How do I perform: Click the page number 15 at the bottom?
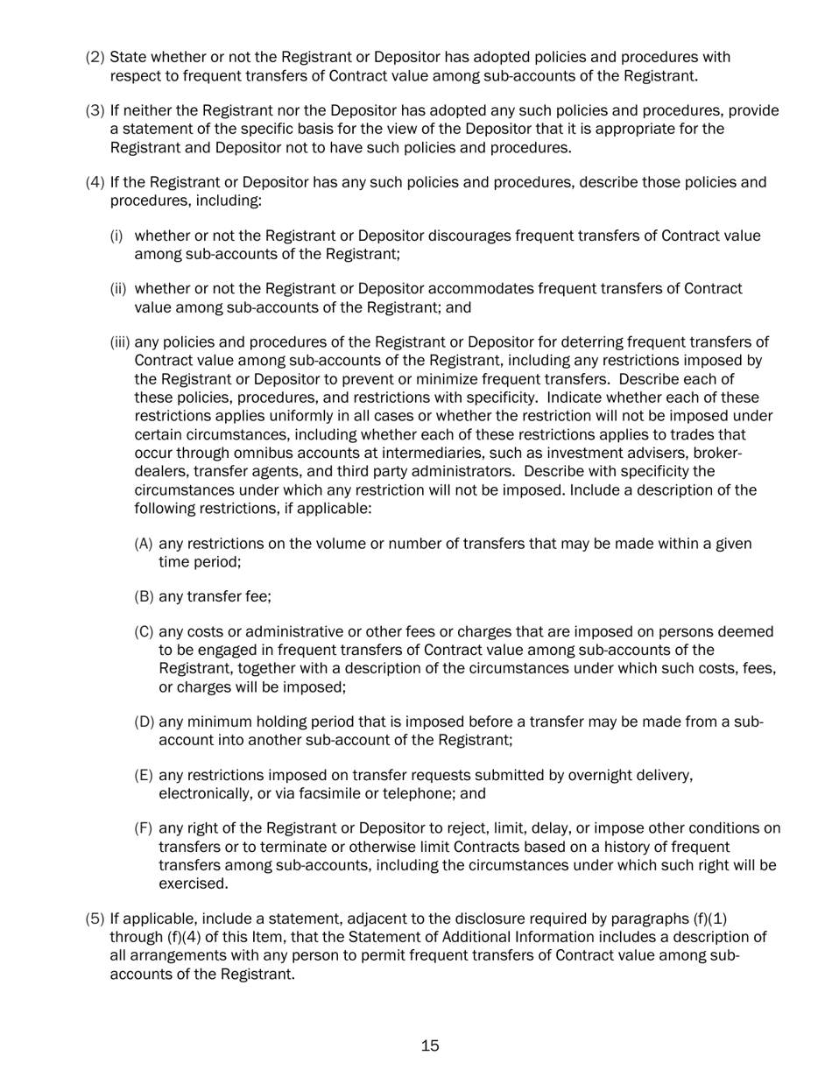[429, 1045]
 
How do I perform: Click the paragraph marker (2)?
[95, 58]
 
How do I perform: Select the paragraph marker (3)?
[95, 111]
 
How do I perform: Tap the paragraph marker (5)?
[95, 919]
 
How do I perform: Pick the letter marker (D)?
[145, 722]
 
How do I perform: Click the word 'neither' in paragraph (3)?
[153, 111]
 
